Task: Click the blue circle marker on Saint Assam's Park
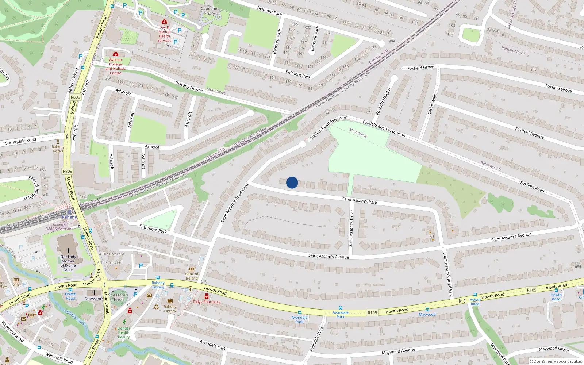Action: coord(292,182)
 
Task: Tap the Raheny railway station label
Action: coord(69,217)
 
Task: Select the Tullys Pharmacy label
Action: coord(207,302)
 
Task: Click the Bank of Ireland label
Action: coord(192,276)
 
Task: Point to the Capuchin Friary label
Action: coord(210,11)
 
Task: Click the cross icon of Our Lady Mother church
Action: coord(68,251)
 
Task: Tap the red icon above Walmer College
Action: coord(116,54)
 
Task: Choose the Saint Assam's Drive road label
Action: coord(351,228)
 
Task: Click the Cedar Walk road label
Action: coord(432,104)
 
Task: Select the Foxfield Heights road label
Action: coord(384,101)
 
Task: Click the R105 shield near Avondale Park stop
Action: coord(372,313)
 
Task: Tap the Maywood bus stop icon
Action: coord(427,310)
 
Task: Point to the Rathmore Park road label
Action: coord(153,229)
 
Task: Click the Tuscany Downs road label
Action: coord(188,87)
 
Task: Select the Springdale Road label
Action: coord(21,141)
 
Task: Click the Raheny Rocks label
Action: coord(58,149)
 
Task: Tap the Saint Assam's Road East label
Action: coord(448,274)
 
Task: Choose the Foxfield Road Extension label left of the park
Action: coord(328,128)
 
